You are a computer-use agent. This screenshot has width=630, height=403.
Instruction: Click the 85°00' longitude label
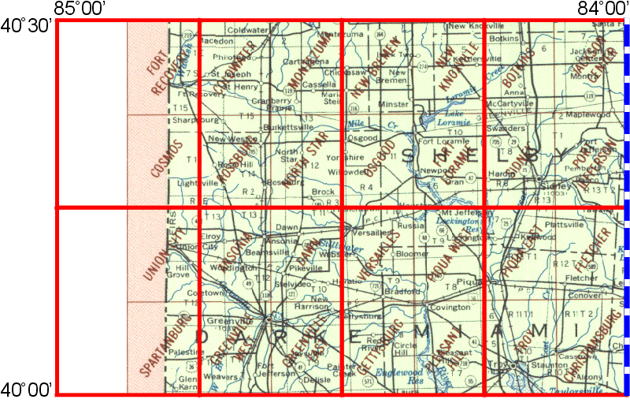[81, 9]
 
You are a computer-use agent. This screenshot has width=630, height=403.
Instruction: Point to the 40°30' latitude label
[26, 25]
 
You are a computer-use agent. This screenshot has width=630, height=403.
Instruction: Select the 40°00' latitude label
[26, 389]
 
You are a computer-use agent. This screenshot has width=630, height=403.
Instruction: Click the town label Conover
[584, 296]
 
